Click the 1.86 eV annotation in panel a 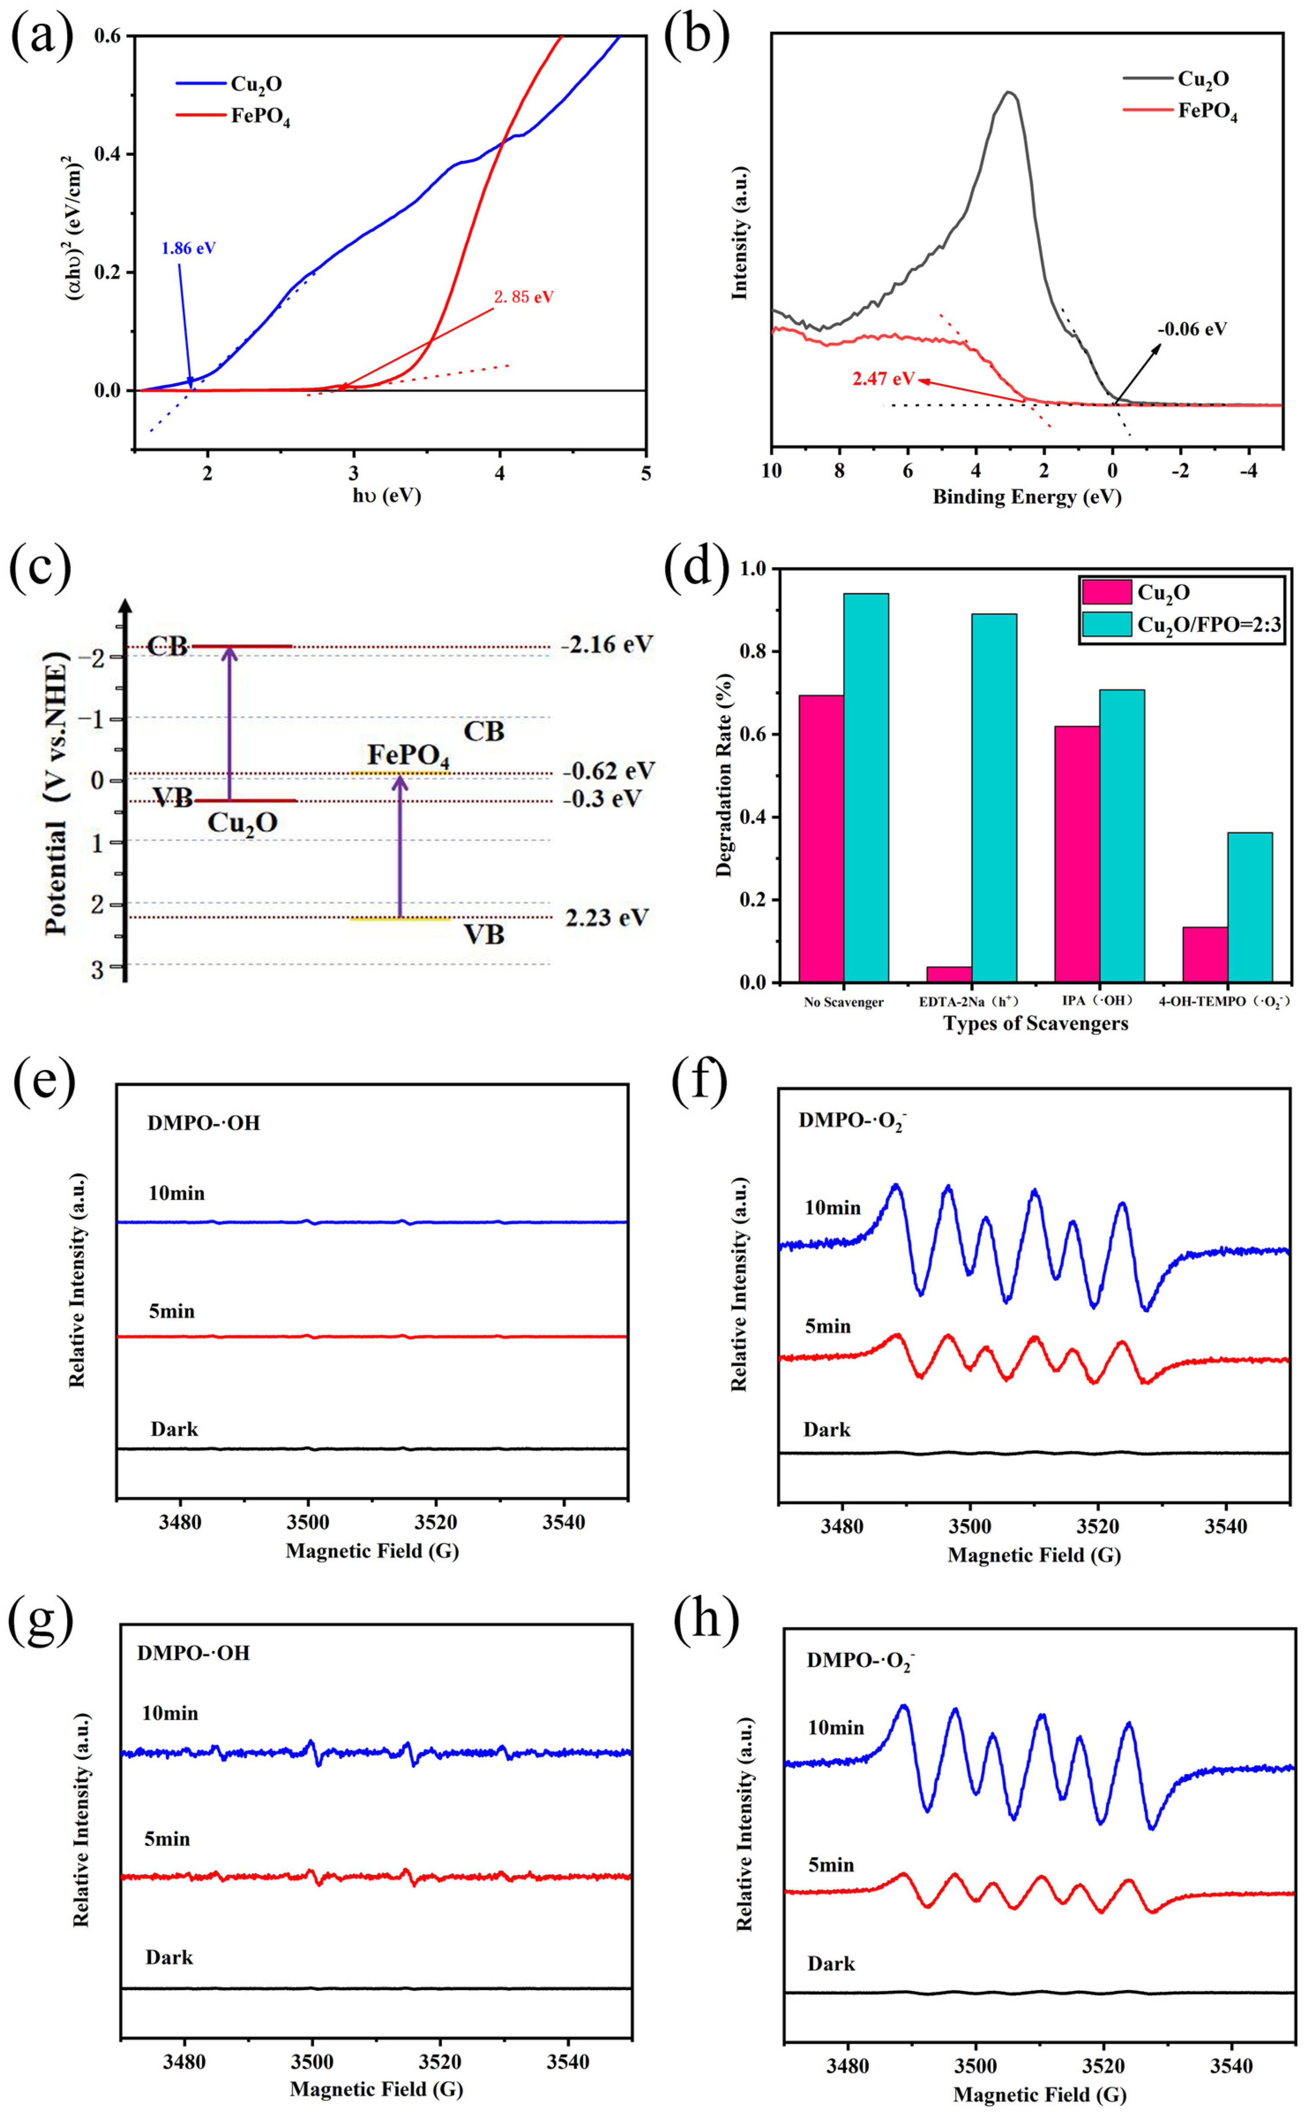[x=188, y=248]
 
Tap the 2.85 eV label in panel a [x=524, y=297]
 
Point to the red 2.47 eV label [x=883, y=379]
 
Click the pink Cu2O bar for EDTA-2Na [x=949, y=974]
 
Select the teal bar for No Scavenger [x=866, y=787]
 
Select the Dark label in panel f [x=827, y=1430]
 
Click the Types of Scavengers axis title [x=1035, y=1024]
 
